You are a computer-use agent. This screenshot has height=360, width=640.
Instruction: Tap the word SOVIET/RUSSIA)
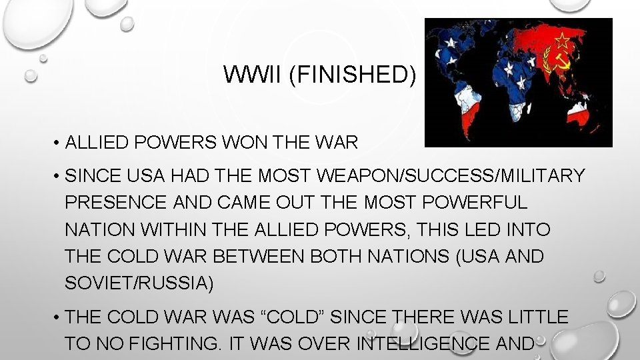139,283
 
